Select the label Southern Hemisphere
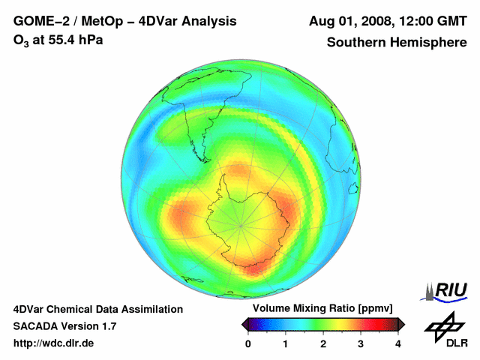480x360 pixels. point(397,43)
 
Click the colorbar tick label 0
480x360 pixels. point(248,343)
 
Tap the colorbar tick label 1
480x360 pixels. point(286,343)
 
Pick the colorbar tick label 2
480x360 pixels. point(323,343)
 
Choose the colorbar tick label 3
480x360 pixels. point(361,343)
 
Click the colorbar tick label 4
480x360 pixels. point(398,343)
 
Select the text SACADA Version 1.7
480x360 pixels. point(64,326)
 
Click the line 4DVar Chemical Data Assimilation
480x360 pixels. point(97,309)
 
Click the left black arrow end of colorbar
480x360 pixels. point(245,324)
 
